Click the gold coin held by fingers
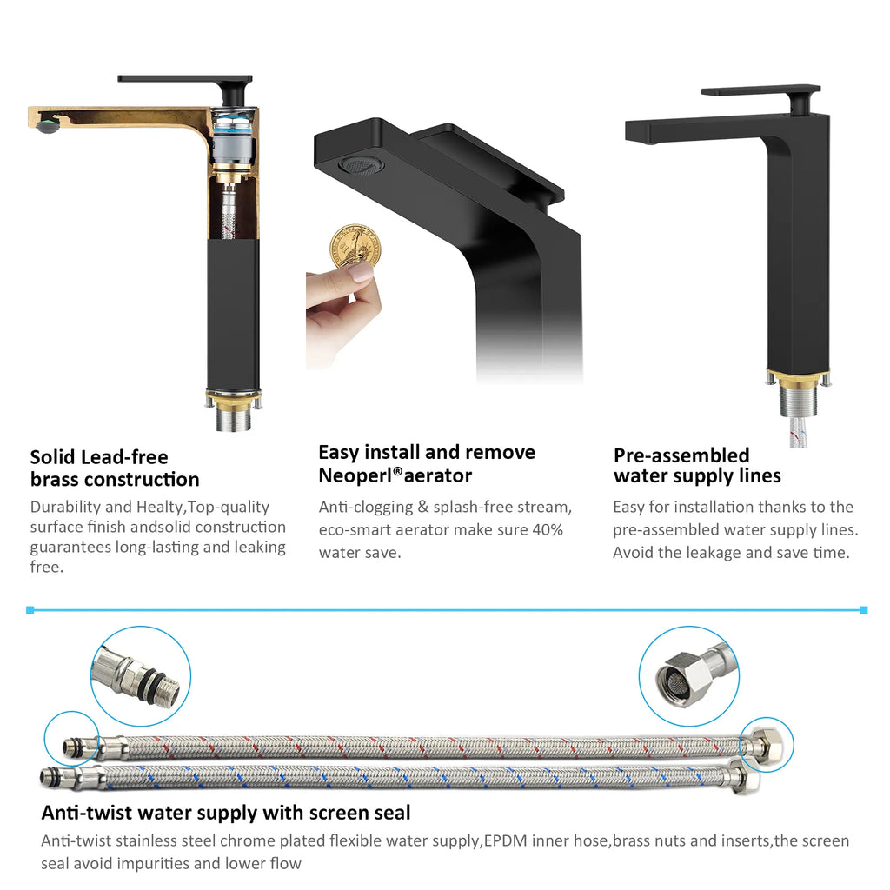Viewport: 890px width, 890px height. coord(355,247)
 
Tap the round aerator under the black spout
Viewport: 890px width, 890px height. coord(361,164)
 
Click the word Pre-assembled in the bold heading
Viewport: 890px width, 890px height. coord(681,455)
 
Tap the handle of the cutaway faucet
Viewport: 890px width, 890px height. coord(185,79)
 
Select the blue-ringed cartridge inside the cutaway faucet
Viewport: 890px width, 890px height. coord(232,139)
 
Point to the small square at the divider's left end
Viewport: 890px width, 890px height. coord(30,610)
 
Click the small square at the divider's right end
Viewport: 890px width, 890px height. coord(863,610)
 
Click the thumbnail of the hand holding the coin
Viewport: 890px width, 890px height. coord(344,296)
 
